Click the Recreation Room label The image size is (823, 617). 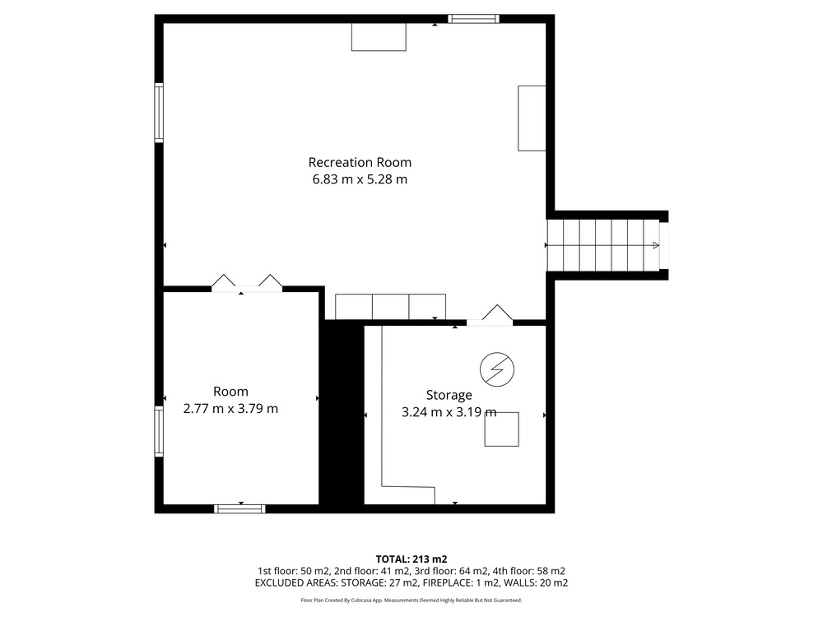tap(360, 162)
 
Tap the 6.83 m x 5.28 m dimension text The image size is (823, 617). tap(360, 179)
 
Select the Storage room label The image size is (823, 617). tap(449, 395)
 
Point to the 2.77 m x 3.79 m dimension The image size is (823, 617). tap(230, 408)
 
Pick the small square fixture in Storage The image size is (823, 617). tap(502, 429)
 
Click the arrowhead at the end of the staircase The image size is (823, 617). tap(656, 245)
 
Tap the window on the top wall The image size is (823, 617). tap(473, 20)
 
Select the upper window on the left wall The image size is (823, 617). tap(159, 112)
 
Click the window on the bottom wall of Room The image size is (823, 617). tap(239, 508)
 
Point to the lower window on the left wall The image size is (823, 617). tap(159, 431)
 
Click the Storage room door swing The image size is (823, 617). tap(497, 313)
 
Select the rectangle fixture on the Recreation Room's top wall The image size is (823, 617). tap(379, 37)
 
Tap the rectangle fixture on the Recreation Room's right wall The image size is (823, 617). tap(532, 118)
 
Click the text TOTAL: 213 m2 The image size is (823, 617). tap(411, 559)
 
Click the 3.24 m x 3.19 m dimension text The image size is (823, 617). tap(449, 412)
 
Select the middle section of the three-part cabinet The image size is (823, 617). tap(390, 307)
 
